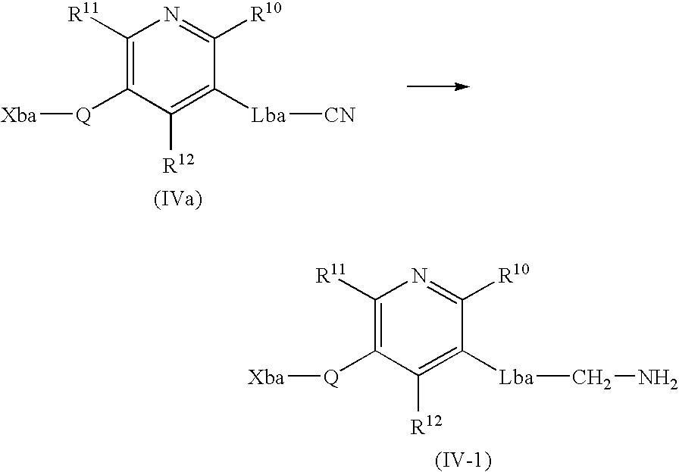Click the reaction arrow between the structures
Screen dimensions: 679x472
[x=438, y=86]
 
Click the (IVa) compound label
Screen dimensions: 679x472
[x=177, y=200]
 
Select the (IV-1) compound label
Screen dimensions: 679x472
[x=463, y=461]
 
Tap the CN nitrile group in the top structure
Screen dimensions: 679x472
[x=339, y=115]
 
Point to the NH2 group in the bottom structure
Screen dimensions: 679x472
[x=656, y=379]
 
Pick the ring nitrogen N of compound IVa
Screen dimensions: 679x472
[x=172, y=15]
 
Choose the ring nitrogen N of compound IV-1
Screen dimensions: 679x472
[x=420, y=276]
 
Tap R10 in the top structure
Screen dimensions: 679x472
[x=266, y=13]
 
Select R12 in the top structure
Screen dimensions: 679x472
[x=178, y=163]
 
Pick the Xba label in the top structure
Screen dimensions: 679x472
[x=19, y=116]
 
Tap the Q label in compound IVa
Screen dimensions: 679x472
[x=83, y=116]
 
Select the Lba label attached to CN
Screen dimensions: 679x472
[x=268, y=116]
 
